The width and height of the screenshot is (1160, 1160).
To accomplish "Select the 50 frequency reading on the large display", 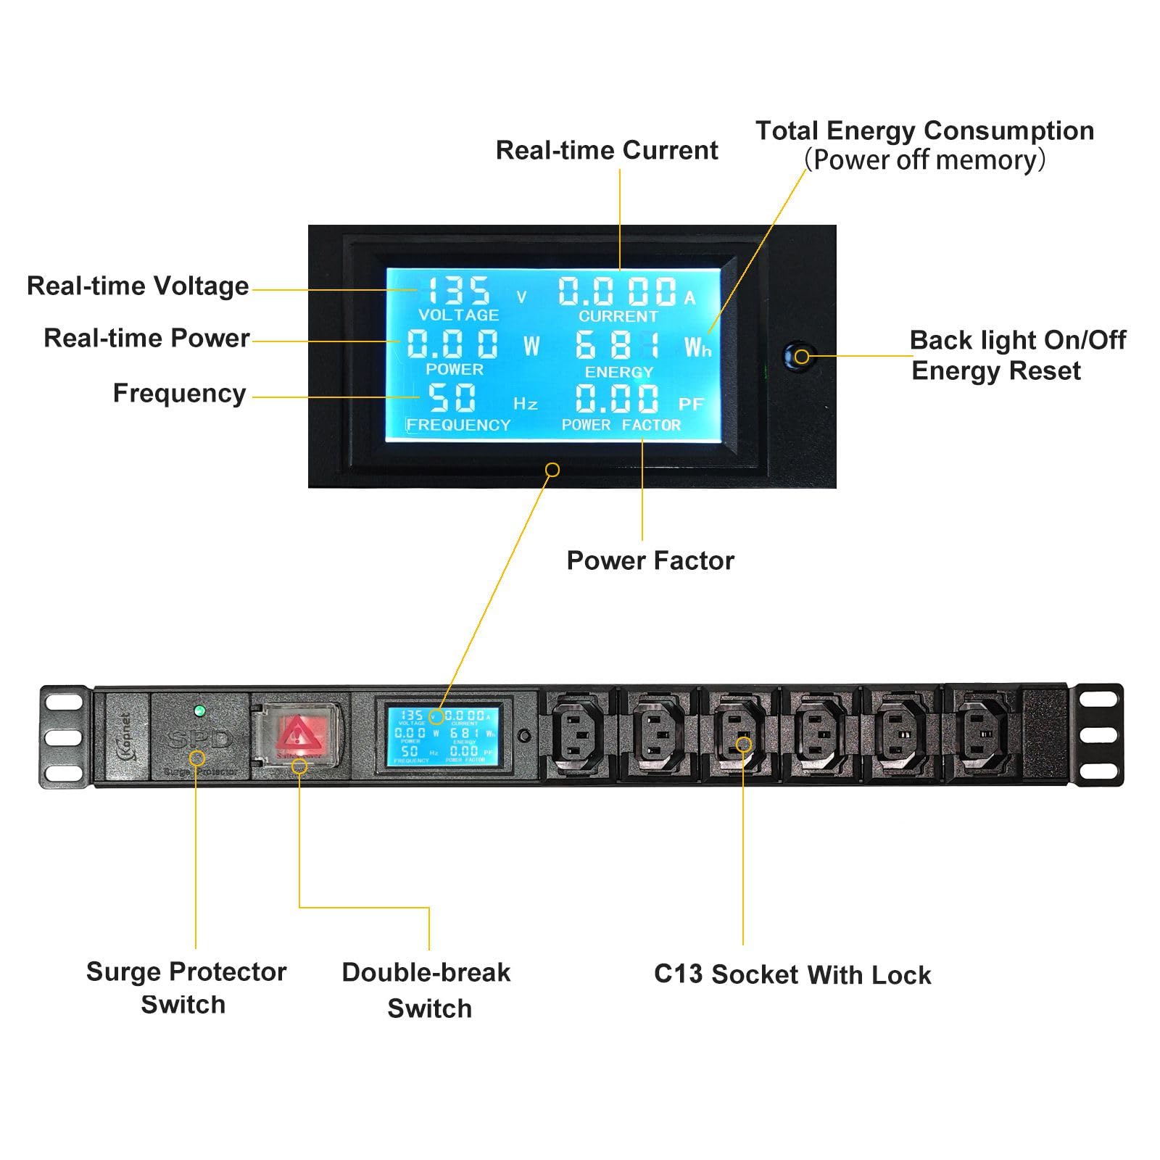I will (452, 397).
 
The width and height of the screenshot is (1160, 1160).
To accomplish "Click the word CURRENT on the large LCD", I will (618, 316).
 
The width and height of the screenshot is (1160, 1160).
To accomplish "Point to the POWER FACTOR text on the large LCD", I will (621, 425).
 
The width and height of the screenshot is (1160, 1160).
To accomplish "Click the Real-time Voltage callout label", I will (138, 286).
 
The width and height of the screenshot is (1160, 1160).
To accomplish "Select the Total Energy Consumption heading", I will (924, 130).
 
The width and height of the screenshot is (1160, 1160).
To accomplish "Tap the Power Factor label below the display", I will (650, 560).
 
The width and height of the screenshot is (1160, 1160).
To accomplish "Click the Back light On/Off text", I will (1017, 339).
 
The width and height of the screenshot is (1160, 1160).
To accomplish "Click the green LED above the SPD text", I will (200, 710).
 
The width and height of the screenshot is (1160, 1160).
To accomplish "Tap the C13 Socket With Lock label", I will (792, 974).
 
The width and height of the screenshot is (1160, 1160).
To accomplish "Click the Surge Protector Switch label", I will (186, 987).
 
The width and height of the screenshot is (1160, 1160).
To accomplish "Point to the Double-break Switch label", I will (426, 990).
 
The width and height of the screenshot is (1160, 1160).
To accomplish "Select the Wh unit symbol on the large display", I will (697, 348).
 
